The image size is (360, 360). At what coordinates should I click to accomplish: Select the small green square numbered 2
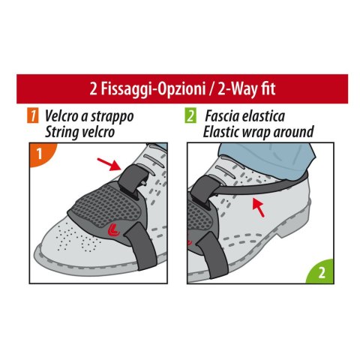pyautogui.click(x=191, y=116)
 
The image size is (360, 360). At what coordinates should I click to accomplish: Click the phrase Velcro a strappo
pyautogui.click(x=88, y=116)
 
